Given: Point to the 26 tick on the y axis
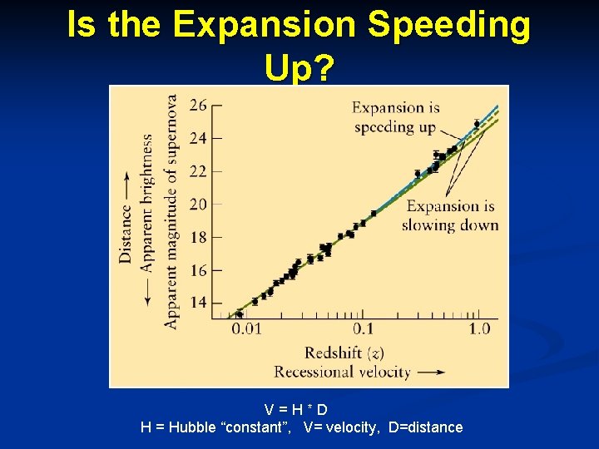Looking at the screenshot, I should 199,106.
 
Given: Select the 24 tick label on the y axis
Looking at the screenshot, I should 199,138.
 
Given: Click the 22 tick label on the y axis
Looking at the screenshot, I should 199,171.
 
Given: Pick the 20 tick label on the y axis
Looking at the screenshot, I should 199,204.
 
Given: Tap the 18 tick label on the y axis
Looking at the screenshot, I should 199,237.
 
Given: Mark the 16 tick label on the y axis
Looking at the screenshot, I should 199,270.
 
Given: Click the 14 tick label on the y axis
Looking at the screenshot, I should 199,303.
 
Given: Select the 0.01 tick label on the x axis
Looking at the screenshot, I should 246,329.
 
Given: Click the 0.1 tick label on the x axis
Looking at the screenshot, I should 363,329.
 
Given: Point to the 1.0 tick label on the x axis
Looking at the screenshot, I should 479,329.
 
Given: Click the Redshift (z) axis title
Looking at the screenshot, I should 344,353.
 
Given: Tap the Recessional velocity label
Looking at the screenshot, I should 342,372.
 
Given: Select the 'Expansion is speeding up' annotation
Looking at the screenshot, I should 395,117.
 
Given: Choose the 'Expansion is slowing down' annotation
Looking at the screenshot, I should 450,215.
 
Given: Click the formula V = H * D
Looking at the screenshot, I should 296,409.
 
